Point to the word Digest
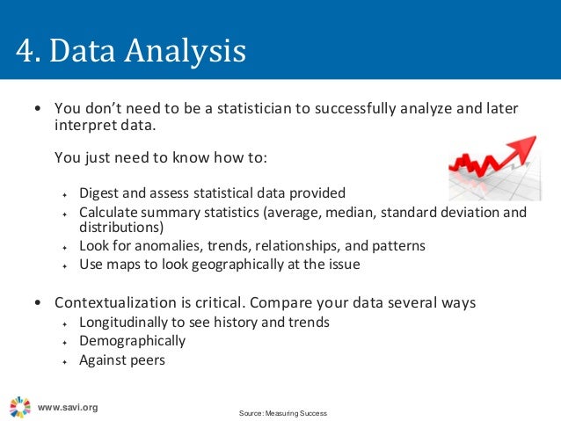(99, 192)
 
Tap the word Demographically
(132, 340)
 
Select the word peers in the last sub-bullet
(148, 359)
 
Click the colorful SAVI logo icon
(19, 406)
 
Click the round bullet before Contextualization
(36, 303)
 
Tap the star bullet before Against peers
(64, 360)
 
